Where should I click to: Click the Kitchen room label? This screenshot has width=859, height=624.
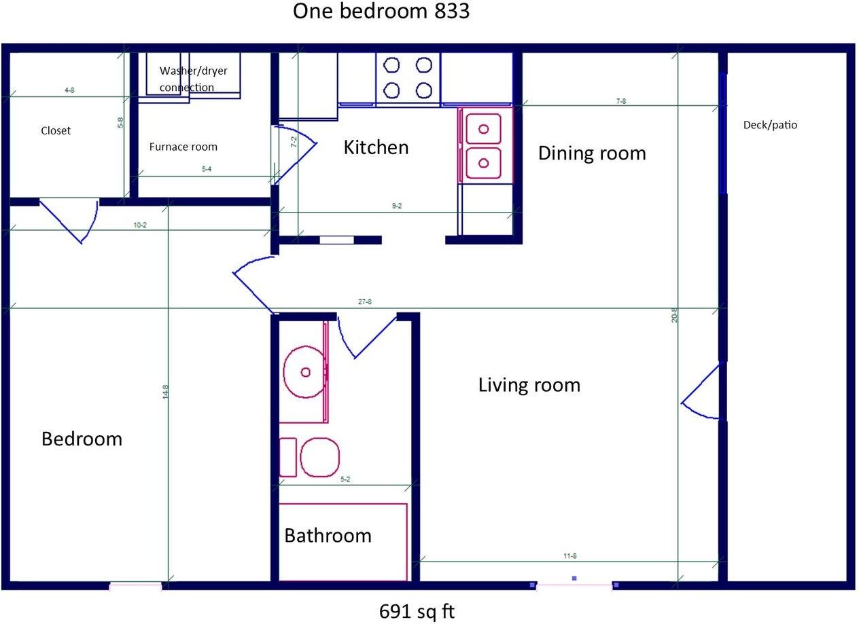[x=376, y=147]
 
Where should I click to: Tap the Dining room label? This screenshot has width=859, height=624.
[x=592, y=153]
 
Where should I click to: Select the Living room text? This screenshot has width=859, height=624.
[x=529, y=385]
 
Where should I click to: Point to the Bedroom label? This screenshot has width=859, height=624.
[x=82, y=439]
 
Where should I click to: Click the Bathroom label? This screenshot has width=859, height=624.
[x=328, y=536]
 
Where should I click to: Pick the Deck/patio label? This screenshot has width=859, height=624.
[x=770, y=125]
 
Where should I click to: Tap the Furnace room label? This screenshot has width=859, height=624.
[x=183, y=147]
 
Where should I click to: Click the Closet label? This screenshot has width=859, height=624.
[x=56, y=130]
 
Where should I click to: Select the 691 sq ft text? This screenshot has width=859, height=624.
[x=417, y=611]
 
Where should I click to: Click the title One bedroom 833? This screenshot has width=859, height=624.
[x=381, y=11]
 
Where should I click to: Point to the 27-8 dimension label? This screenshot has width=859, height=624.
[x=365, y=302]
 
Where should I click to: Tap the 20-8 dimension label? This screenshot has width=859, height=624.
[x=675, y=315]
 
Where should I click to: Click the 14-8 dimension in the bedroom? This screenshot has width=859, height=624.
[x=165, y=392]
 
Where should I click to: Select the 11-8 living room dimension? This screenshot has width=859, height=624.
[x=570, y=556]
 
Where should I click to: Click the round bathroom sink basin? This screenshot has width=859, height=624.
[x=304, y=371]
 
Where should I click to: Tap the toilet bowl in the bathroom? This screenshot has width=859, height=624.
[x=320, y=457]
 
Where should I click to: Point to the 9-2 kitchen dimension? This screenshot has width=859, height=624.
[x=397, y=206]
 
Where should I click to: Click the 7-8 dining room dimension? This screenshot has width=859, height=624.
[x=621, y=101]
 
